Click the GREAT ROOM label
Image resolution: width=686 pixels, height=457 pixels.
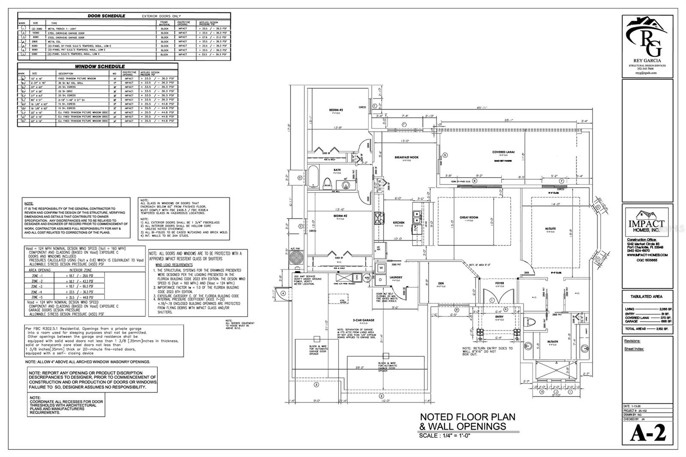(469, 217)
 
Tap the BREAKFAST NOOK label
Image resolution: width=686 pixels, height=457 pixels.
(406, 157)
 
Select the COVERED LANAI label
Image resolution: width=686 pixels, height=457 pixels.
(503, 152)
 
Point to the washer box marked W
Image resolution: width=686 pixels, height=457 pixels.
(381, 269)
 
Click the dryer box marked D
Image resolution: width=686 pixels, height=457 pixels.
(381, 280)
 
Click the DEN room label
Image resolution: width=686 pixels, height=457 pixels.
(441, 283)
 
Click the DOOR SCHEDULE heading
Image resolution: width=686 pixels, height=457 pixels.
(106, 16)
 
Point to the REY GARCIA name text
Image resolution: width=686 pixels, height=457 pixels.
(647, 60)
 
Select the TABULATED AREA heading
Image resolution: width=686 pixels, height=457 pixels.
(647, 296)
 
